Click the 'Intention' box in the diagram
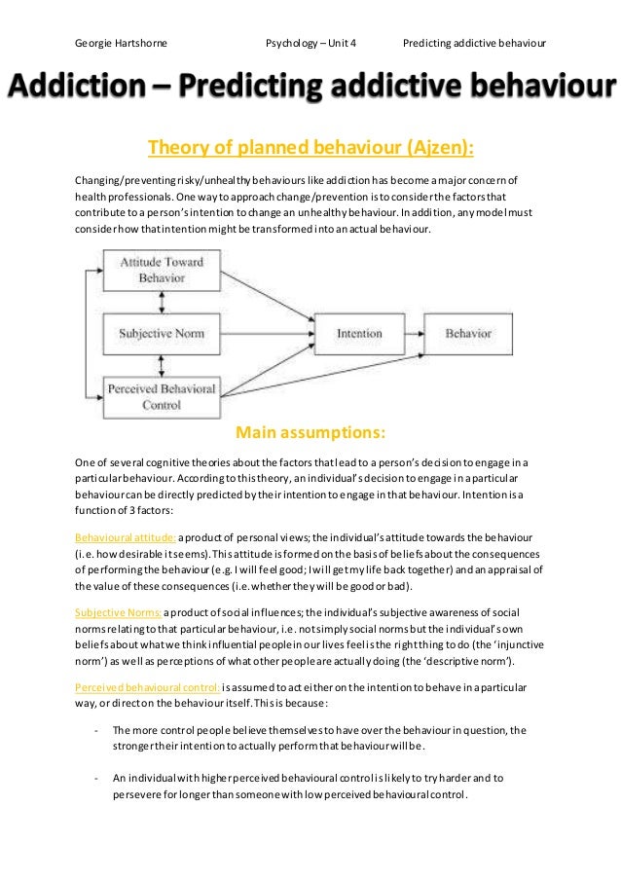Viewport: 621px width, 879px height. [359, 333]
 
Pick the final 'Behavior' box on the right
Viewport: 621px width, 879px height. [468, 333]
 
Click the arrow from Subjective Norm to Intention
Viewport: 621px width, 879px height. [263, 333]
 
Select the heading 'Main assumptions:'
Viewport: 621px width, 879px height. [310, 432]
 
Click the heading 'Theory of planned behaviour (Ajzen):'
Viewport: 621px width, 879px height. [310, 148]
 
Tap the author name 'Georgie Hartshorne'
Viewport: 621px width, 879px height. [120, 44]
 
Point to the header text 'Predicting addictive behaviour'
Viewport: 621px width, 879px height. [474, 44]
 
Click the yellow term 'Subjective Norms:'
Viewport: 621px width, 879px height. [119, 612]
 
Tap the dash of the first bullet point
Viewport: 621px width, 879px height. [95, 731]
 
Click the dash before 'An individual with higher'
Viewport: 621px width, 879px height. [95, 778]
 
